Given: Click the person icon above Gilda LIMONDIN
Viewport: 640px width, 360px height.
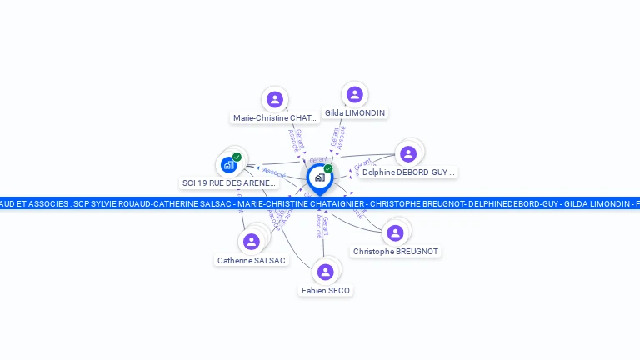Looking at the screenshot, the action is (355, 94).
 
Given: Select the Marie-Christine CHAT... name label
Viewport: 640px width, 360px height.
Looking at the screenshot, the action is (275, 118).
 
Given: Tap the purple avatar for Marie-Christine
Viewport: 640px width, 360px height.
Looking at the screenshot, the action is (275, 100).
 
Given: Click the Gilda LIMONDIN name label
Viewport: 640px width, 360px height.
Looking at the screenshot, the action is (355, 112).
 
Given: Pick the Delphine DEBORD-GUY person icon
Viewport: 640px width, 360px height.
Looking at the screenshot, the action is (408, 153).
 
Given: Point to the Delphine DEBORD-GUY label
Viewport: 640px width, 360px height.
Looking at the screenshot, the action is (408, 172).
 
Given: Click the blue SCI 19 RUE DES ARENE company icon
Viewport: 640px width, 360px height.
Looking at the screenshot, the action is (228, 165).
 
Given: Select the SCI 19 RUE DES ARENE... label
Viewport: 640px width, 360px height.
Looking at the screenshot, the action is (228, 182).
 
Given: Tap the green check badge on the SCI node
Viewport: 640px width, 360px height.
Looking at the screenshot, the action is (237, 157).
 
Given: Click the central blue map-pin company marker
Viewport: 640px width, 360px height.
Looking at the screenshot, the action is (319, 177).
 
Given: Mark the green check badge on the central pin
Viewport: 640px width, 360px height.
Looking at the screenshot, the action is (328, 169).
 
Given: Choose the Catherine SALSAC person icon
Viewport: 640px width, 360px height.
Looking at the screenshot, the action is (251, 242).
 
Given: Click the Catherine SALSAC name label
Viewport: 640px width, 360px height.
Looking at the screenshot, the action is (251, 261).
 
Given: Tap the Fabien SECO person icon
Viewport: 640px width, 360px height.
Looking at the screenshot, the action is (326, 272).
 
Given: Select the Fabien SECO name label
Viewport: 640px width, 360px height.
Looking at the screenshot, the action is (326, 291).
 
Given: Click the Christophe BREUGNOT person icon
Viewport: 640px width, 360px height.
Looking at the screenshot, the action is (395, 232).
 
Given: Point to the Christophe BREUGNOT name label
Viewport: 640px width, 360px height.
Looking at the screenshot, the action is (395, 251).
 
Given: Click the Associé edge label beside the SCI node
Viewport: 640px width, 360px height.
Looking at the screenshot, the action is (274, 173).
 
